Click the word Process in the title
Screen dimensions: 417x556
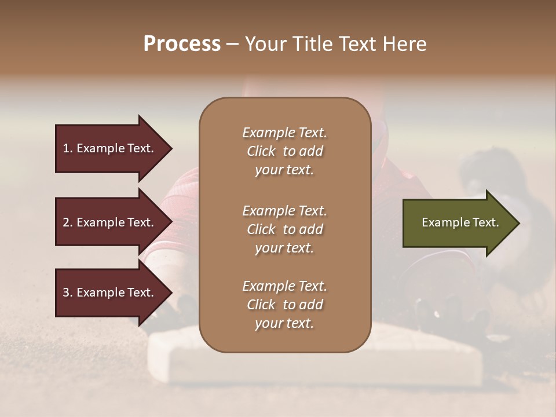182,44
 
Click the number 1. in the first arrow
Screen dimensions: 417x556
67,148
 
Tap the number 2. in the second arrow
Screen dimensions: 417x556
67,222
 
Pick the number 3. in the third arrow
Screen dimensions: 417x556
67,292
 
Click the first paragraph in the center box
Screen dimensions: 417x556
284,151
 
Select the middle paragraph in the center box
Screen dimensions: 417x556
284,229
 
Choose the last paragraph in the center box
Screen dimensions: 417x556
284,305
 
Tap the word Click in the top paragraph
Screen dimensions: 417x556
261,152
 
